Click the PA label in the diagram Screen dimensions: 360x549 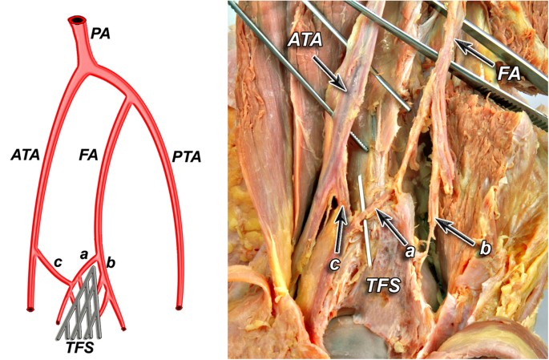(100, 33)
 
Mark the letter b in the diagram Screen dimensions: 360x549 (111, 262)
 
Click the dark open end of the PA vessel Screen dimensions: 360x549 (78, 20)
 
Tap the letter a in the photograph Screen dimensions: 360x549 (409, 251)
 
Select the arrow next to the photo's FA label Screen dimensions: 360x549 (474, 54)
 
